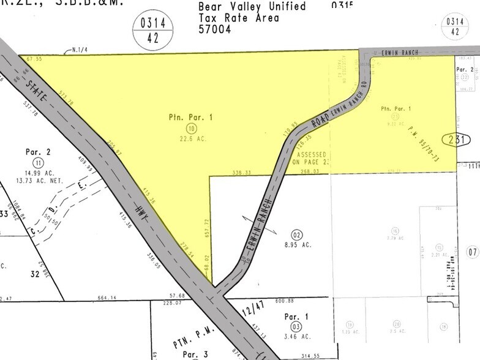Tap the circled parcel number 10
click(192, 127)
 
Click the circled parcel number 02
click(298, 234)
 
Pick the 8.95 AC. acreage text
click(298, 244)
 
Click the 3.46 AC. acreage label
click(299, 337)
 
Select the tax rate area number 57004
click(214, 29)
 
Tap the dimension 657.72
click(206, 228)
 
